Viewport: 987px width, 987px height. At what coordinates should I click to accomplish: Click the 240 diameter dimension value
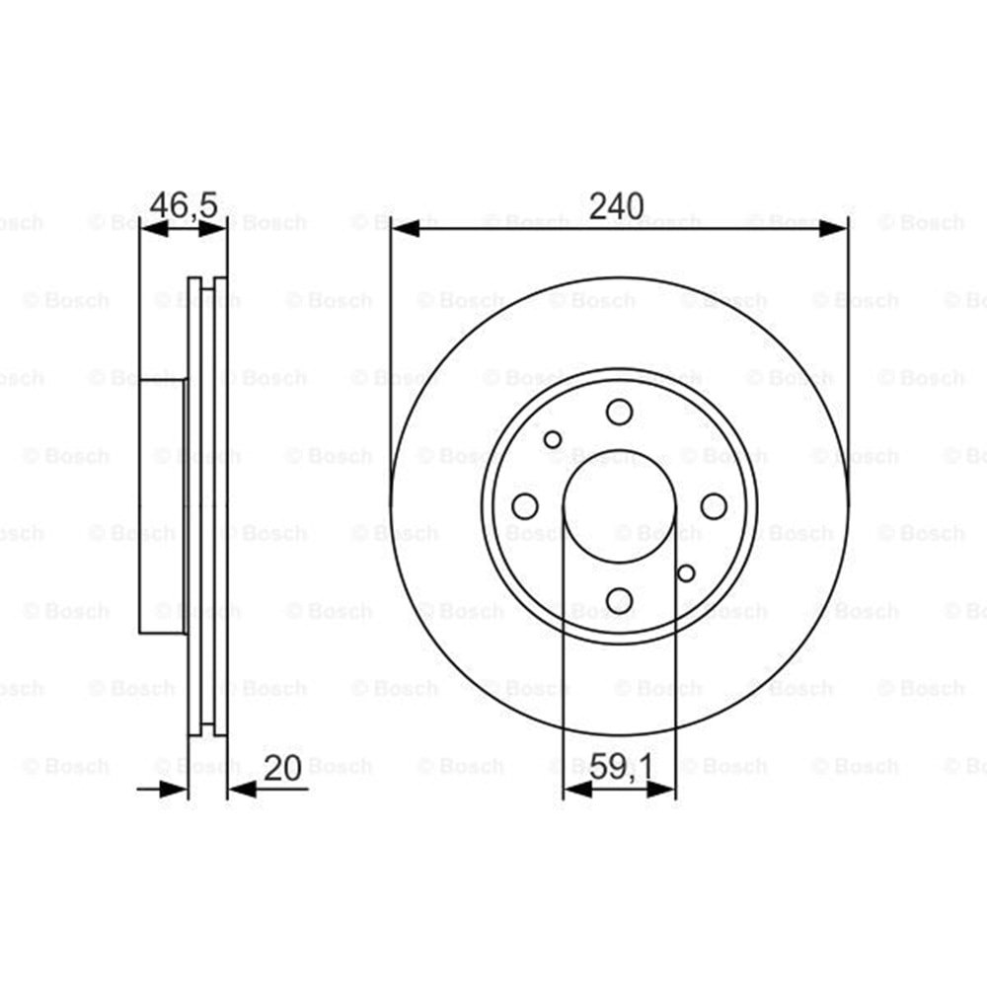coord(616,206)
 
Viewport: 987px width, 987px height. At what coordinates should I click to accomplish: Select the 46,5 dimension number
coord(184,205)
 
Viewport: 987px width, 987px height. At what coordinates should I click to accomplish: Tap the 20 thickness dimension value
coord(282,768)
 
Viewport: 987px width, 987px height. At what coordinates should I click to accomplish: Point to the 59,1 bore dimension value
coord(621,768)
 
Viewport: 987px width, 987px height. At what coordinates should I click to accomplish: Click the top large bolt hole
coord(620,413)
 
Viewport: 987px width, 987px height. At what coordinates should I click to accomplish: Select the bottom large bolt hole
coord(620,600)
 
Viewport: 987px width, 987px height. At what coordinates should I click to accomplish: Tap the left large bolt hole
coord(525,506)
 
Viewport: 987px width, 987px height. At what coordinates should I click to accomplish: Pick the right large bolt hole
coord(714,506)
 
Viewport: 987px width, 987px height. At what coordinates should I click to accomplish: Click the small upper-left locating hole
coord(553,439)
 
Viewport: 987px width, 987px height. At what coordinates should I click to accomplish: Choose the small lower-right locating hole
coord(686,573)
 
